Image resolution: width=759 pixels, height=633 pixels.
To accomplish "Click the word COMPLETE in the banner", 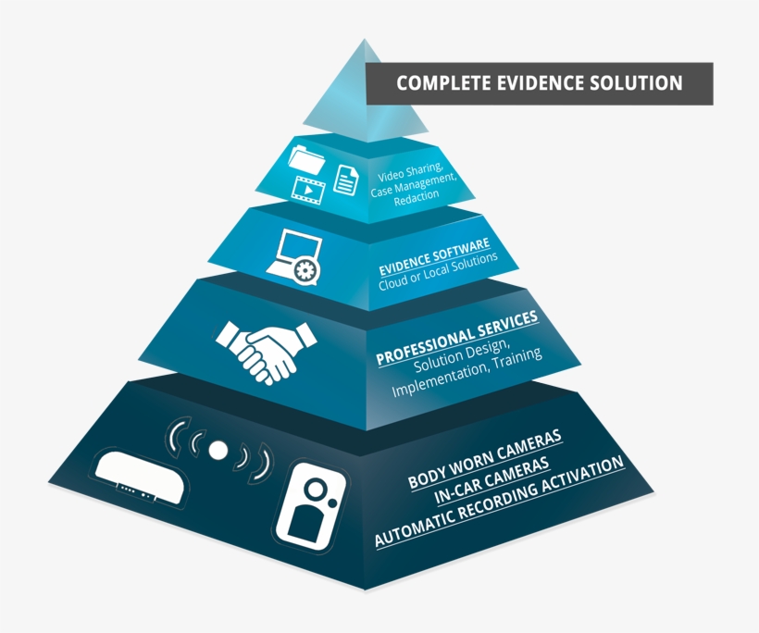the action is (441, 83).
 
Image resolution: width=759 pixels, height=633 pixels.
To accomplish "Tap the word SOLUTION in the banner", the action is (638, 83).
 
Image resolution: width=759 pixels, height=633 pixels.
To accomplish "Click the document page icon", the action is (345, 179).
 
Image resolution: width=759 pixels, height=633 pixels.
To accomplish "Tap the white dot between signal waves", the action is (218, 450).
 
